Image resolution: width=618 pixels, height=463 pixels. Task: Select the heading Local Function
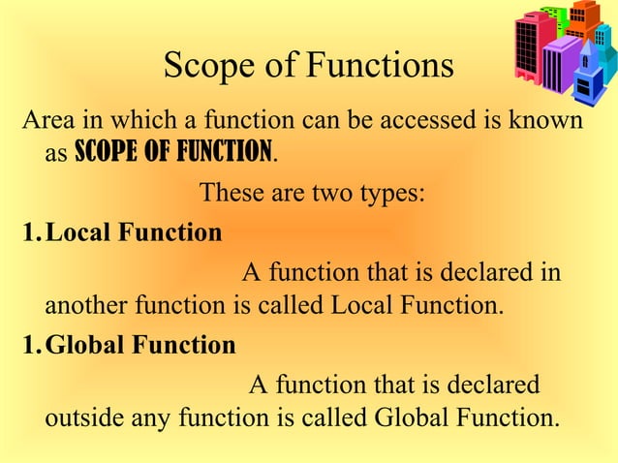[134, 232]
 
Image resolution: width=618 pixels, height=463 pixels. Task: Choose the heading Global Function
[140, 345]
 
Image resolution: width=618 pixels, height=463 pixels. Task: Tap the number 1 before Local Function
[29, 232]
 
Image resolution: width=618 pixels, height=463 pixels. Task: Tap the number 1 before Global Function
[29, 345]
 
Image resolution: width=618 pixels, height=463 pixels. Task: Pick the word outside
[82, 419]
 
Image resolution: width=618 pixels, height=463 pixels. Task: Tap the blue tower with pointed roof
[588, 77]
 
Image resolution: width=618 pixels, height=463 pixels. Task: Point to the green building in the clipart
[552, 18]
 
